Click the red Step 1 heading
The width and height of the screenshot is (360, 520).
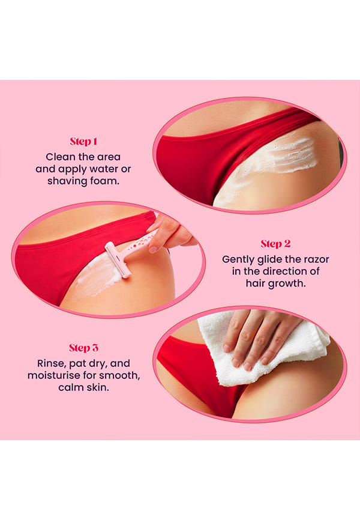tap(83, 142)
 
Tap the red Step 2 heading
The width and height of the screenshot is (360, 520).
tap(275, 244)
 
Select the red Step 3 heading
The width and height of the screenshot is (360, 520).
tap(83, 348)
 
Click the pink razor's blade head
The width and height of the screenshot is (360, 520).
tap(118, 260)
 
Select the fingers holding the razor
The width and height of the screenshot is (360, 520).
tap(169, 234)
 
